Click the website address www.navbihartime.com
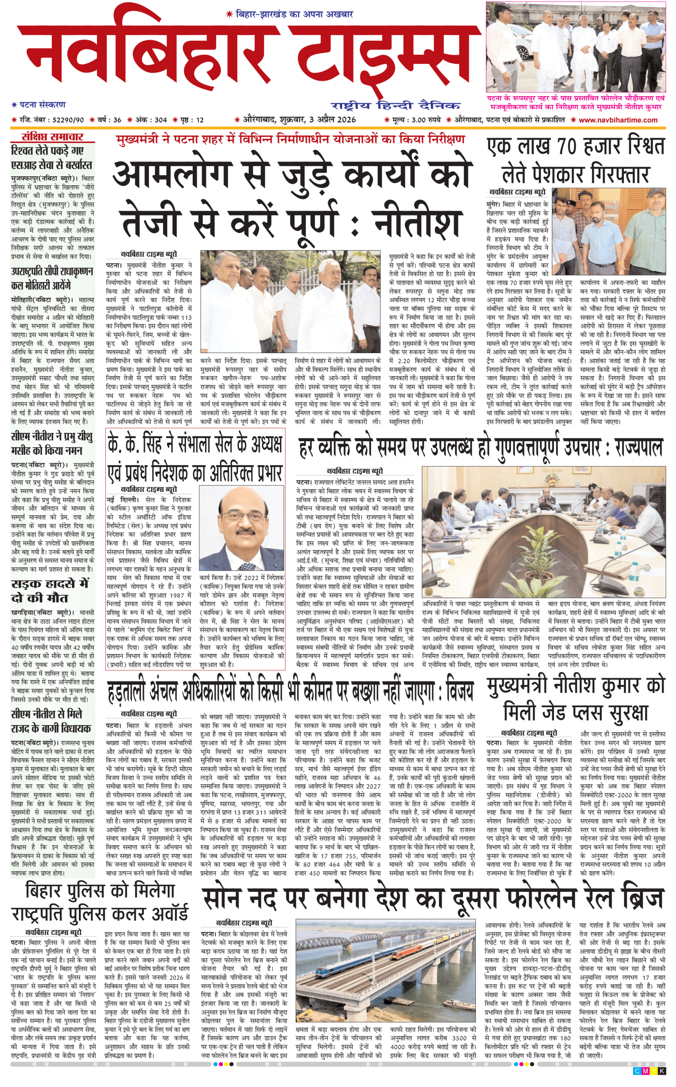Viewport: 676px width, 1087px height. pyautogui.click(x=618, y=120)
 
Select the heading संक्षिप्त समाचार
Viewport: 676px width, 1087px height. pyautogui.click(x=53, y=137)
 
